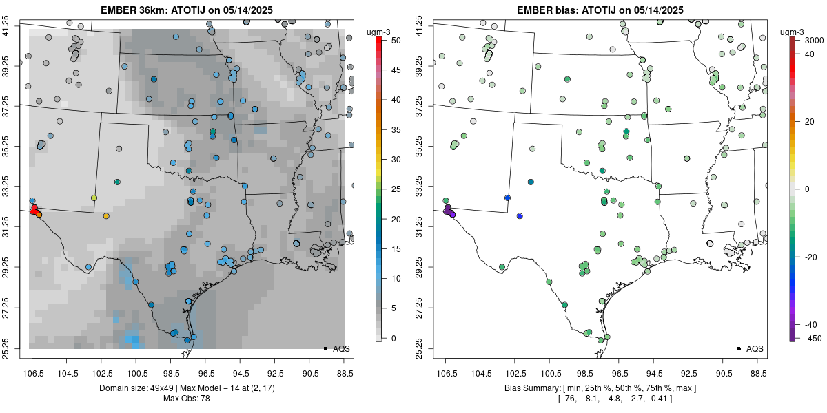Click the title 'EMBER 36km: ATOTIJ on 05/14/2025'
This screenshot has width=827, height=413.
(187, 10)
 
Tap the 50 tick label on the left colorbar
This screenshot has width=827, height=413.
(396, 41)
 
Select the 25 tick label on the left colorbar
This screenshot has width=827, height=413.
(396, 189)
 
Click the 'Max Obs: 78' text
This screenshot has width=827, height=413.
(187, 399)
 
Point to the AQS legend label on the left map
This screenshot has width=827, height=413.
(342, 349)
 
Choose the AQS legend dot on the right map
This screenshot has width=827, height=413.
(738, 349)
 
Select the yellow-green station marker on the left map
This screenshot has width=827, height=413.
(94, 198)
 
